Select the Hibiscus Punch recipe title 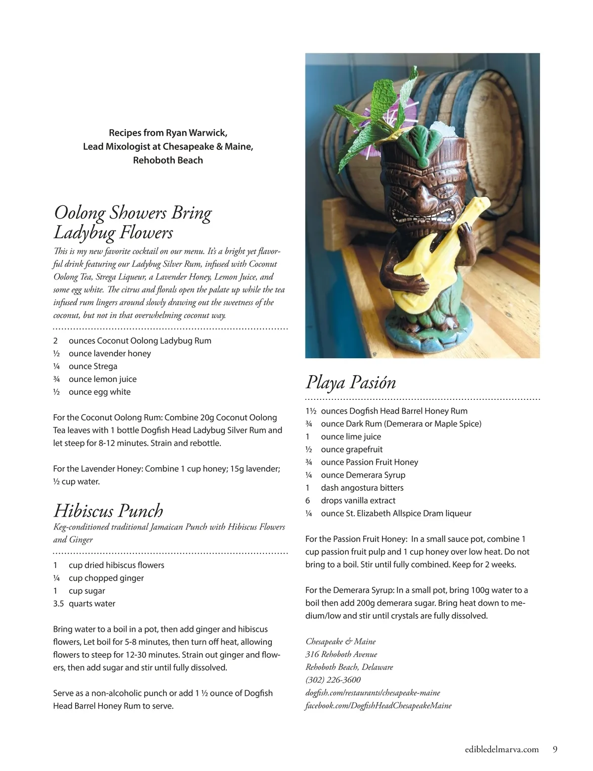coord(108,510)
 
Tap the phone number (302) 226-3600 coord(333,680)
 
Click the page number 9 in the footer coord(555,749)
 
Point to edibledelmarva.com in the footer coord(502,749)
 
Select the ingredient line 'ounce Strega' coord(93,366)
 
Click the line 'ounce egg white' coord(99,392)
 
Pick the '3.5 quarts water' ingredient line coord(84,604)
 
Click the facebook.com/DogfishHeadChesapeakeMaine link coord(378,706)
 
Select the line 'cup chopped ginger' coord(106,578)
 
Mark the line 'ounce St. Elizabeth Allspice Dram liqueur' coord(396,514)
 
